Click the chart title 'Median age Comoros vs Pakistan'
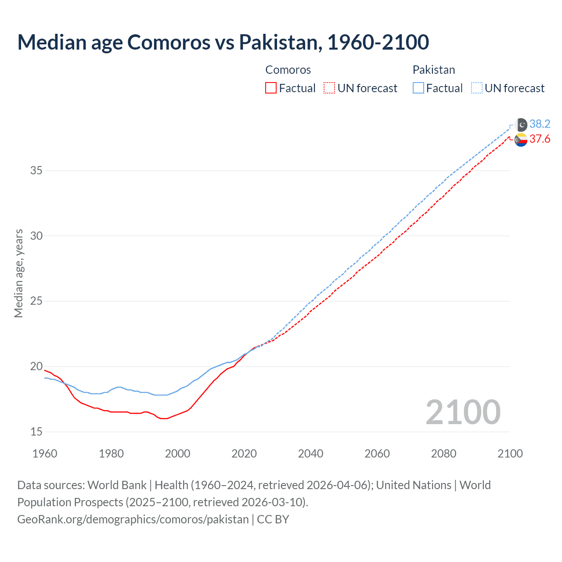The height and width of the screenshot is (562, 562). [x=223, y=42]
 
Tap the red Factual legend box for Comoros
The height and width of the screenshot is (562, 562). [x=271, y=88]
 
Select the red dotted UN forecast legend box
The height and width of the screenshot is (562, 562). [x=329, y=88]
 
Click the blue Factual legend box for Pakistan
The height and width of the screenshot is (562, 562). [x=418, y=88]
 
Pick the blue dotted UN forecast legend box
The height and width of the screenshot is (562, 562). [x=477, y=88]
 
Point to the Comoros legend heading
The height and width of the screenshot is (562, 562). [x=288, y=70]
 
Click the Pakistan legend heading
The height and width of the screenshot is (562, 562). [x=434, y=70]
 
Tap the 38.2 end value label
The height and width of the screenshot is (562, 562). [x=540, y=124]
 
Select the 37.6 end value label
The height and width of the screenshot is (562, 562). [x=540, y=139]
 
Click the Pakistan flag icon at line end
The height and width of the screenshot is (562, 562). [x=521, y=125]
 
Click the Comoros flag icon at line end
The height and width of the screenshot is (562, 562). [x=521, y=140]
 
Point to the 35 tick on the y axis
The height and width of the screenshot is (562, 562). [x=36, y=170]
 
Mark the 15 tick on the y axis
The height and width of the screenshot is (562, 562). [x=36, y=432]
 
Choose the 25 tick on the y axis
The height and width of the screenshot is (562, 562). [x=36, y=301]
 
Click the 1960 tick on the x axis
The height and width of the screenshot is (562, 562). [x=45, y=454]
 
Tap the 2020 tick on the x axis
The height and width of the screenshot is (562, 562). [x=244, y=454]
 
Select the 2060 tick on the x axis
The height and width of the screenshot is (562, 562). [x=377, y=454]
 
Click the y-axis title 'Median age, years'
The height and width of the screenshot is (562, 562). [x=18, y=273]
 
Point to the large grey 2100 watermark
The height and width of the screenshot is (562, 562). [x=463, y=412]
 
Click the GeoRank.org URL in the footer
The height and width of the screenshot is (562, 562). [x=133, y=519]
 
